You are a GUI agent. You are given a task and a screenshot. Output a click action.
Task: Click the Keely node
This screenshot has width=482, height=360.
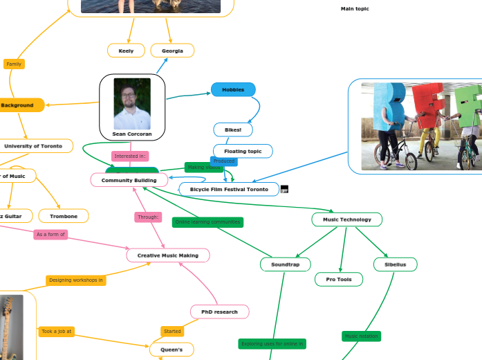126,51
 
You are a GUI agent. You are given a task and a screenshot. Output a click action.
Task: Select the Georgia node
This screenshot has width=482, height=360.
172,51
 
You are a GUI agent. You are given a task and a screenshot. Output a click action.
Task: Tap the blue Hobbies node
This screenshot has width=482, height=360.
233,89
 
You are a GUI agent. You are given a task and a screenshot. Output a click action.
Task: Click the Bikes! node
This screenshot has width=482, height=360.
233,129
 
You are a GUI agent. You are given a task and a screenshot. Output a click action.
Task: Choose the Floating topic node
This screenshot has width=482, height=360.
243,151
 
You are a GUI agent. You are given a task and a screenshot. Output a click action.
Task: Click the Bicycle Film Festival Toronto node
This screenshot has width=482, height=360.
229,189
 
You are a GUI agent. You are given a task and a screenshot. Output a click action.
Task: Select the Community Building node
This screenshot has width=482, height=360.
129,180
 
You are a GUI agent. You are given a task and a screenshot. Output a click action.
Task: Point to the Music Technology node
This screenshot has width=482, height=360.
346,219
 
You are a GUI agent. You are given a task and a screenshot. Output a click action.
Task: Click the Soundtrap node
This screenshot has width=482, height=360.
285,264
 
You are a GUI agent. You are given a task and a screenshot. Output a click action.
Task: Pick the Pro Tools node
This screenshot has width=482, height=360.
339,280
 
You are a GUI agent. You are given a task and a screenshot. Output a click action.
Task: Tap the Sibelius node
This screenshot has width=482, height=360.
395,264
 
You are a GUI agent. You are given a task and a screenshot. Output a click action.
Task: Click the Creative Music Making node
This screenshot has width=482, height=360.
168,255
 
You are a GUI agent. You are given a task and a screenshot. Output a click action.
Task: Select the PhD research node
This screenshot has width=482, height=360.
219,312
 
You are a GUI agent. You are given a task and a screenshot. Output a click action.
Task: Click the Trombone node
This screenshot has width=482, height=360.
64,216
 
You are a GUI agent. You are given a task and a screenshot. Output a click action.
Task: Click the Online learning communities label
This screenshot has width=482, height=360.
207,222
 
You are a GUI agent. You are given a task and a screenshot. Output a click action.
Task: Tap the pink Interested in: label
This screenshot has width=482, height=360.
130,156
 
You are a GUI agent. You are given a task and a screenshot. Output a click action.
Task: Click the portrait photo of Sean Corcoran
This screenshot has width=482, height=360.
132,103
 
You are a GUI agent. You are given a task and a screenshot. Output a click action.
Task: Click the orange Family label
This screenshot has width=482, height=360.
14,64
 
